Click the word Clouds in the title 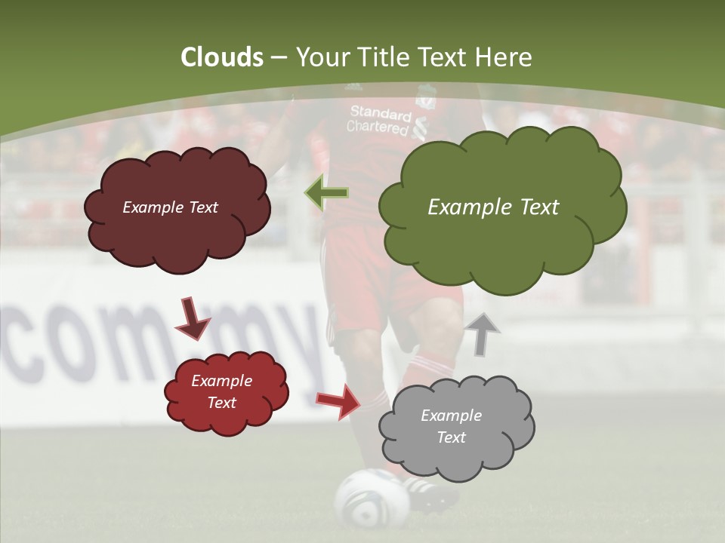(222, 57)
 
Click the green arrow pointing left (327, 193)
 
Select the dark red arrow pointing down (192, 318)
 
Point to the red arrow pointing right (339, 400)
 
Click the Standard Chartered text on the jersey (380, 120)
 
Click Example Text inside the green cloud (493, 207)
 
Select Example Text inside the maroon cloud (170, 207)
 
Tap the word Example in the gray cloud (451, 416)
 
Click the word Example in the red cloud (221, 381)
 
